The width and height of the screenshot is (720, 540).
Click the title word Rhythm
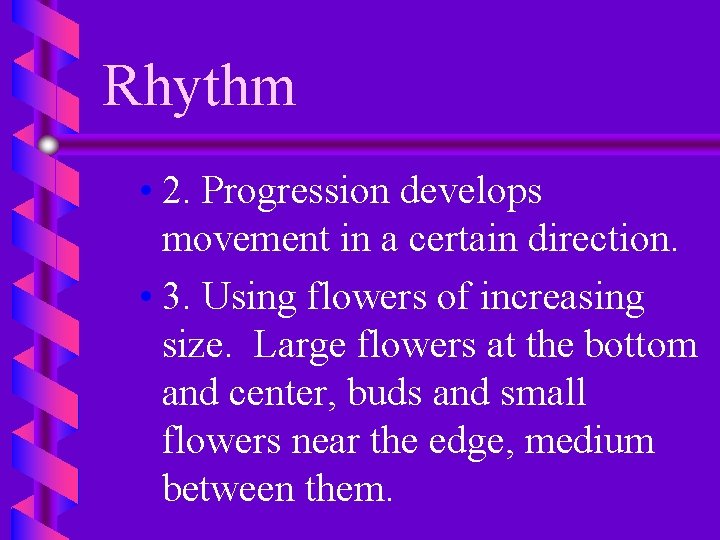tap(199, 86)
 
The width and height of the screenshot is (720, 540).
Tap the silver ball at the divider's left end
tap(48, 145)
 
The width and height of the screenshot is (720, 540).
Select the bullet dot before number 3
tap(146, 298)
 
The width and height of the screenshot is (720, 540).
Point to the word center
tap(287, 394)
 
